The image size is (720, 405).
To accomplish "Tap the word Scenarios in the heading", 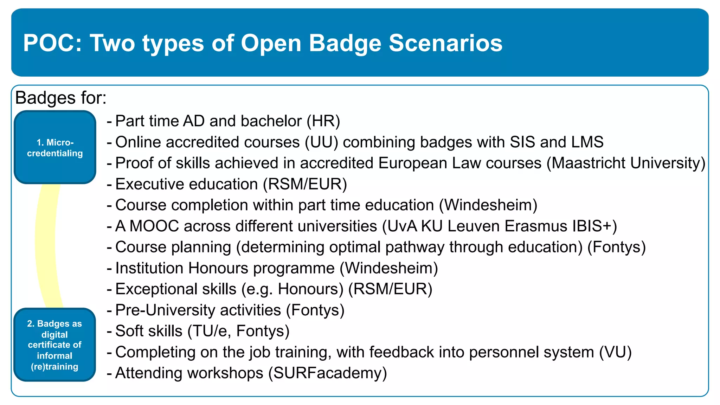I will (445, 43).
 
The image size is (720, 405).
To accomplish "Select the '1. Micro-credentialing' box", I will (55, 147).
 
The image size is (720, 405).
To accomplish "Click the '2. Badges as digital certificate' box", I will (55, 345).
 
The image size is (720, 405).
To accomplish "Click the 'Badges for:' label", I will (61, 98).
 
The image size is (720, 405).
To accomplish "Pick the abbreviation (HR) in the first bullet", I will (323, 121).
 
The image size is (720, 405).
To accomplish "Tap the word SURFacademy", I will (328, 373).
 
